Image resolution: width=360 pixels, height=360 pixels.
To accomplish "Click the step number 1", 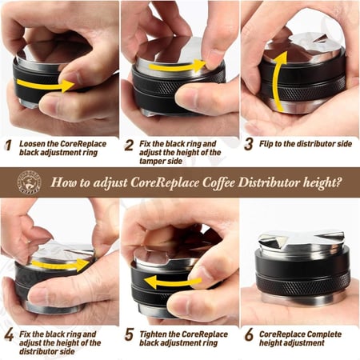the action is point(9,146).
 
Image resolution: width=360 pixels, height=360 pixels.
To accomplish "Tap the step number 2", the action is point(129,146).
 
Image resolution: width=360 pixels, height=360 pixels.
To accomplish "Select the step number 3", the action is point(249,144).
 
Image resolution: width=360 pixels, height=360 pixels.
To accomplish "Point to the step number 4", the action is point(9,335).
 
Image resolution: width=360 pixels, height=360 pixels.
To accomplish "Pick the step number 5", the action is point(129,334).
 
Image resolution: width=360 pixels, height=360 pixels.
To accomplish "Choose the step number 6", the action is point(249,334).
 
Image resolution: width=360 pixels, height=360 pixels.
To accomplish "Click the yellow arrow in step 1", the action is point(46,85).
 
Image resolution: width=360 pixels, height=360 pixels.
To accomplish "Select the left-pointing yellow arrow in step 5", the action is point(173,282).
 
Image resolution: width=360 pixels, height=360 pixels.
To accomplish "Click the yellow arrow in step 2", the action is point(178,66).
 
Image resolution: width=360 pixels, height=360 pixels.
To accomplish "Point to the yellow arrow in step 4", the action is point(60,265).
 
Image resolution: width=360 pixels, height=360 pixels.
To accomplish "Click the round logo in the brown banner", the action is point(29,182).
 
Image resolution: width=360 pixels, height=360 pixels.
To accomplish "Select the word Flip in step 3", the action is point(266,144).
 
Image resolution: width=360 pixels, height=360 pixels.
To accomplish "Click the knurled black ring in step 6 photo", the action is point(302,284).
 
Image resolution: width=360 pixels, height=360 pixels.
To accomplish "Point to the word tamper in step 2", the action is point(151,162).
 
